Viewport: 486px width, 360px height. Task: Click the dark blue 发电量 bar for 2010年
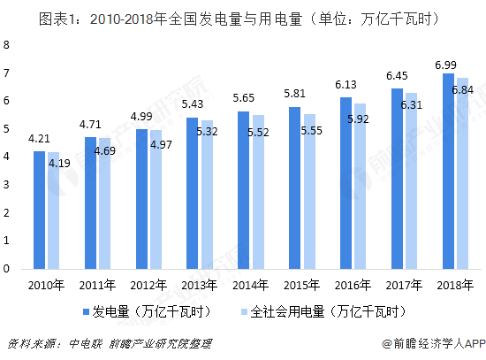(x=40, y=210)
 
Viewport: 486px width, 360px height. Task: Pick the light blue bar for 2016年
(x=359, y=186)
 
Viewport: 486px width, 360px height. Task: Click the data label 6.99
(x=445, y=65)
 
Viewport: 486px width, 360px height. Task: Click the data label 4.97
(x=162, y=144)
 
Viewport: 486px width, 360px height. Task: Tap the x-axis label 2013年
(x=199, y=285)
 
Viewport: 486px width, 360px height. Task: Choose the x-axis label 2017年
(x=404, y=285)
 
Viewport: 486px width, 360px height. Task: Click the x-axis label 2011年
(x=96, y=285)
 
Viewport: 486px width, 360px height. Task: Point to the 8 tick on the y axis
(x=8, y=45)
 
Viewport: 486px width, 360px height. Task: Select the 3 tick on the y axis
(x=8, y=185)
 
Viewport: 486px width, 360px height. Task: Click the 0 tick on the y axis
(x=8, y=269)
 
